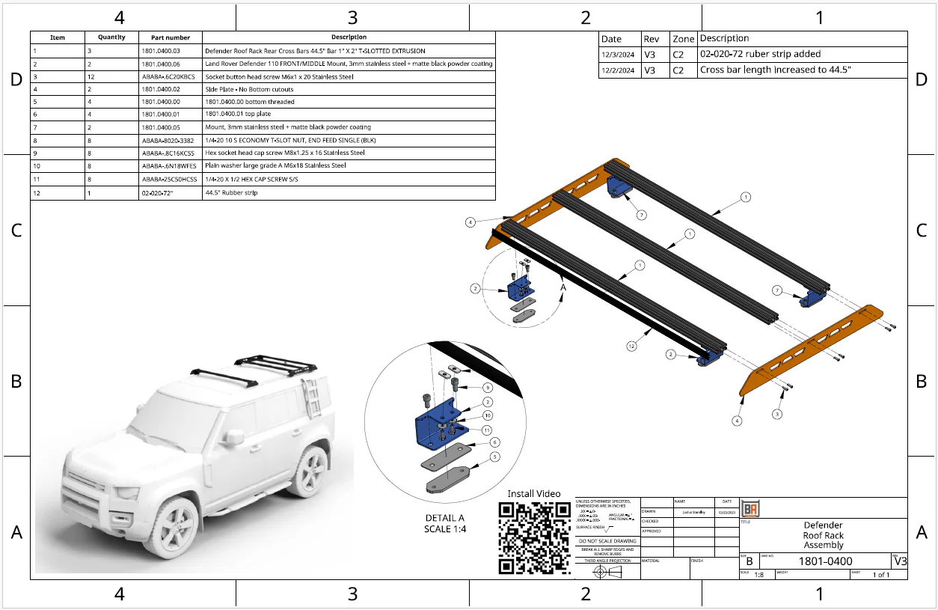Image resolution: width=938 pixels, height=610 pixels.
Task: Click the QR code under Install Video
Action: coord(534,538)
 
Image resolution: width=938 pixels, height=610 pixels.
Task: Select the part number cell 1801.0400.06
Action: coord(161,64)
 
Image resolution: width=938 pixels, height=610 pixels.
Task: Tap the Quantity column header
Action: coord(111,37)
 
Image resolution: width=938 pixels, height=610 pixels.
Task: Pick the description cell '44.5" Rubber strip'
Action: coord(231,192)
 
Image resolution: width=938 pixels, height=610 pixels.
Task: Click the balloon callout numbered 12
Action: coord(631,346)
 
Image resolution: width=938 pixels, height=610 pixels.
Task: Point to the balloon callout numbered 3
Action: coord(777,414)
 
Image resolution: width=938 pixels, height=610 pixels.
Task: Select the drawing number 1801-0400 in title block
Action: coord(825,561)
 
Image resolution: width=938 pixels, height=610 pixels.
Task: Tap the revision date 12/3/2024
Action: coord(618,54)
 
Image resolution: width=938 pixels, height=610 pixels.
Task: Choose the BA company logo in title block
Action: coord(750,507)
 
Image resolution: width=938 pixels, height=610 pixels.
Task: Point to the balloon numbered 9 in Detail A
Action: coord(487,388)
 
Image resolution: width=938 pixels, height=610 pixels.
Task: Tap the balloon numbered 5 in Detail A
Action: coord(494,457)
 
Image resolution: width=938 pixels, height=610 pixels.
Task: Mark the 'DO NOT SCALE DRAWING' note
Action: coord(607,540)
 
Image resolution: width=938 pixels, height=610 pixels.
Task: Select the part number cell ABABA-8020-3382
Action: coord(168,140)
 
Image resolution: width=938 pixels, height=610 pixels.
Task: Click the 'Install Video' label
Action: coord(533,494)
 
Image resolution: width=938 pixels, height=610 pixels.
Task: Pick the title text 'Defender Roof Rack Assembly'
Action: coord(823,535)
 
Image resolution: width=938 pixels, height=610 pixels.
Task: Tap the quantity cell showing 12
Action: coord(90,76)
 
